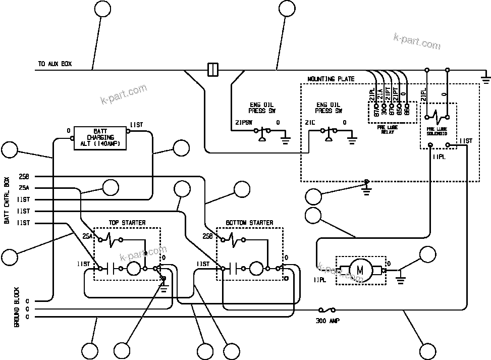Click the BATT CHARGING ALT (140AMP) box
tap(100, 137)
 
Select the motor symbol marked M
tap(360, 270)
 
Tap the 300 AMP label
tap(328, 321)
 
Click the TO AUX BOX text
tap(54, 64)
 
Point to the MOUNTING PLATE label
tap(331, 79)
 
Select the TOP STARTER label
tap(127, 223)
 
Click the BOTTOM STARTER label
tap(249, 223)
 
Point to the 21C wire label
tap(310, 123)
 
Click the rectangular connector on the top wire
tap(213, 69)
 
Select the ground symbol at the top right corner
tap(485, 77)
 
